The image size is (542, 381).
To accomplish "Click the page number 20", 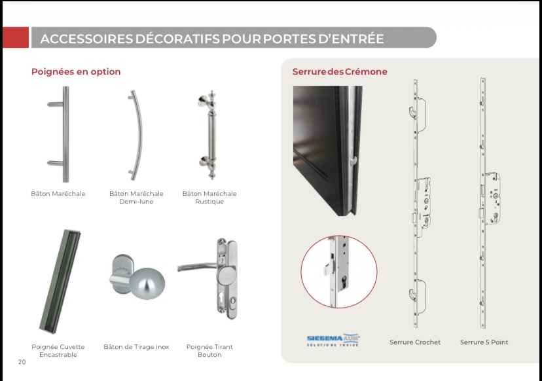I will pos(22,362).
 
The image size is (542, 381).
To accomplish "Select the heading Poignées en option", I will pos(76,71).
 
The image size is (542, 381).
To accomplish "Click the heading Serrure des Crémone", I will pos(340,71).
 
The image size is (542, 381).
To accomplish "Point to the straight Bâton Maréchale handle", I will pos(63,134).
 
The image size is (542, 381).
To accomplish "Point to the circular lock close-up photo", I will pos(338,272).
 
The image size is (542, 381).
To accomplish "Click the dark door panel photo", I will pos(326,151).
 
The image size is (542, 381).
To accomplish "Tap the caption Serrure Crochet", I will pos(415,342).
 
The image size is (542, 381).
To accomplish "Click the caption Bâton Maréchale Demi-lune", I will pos(136,198).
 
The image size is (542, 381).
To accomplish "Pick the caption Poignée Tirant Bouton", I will pos(209,351).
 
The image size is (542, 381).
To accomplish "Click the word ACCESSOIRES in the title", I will pos(86,39).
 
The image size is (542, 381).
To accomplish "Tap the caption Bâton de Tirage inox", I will pos(136,347).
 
